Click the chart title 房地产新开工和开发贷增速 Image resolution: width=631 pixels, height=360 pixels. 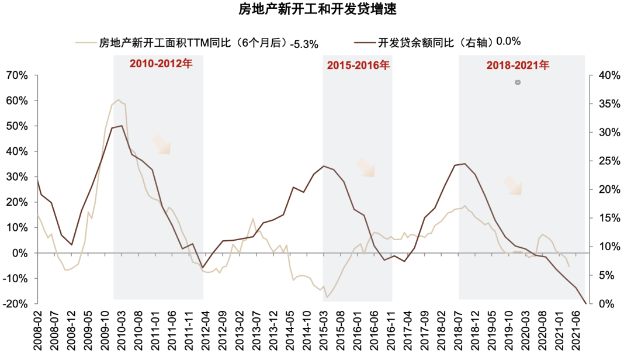coord(317,8)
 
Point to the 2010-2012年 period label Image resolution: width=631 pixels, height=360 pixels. coord(161,64)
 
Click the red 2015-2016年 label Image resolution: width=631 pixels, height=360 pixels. coord(358,65)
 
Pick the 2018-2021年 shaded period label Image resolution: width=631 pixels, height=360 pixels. coord(518,65)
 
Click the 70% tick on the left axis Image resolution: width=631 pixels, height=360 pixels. coord(17,75)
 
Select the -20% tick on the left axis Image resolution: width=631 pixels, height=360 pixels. coord(15,304)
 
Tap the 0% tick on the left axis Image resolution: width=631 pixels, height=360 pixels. coord(20,253)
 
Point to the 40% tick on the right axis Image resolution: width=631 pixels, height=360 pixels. coord(609,75)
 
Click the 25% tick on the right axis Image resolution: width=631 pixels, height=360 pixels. coord(609,161)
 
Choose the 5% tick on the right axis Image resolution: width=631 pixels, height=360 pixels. coord(606,275)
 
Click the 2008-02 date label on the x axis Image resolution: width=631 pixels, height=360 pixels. coord(37,331)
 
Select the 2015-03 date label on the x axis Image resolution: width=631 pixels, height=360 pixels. coord(324,331)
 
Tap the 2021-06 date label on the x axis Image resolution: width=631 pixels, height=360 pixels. coord(576,331)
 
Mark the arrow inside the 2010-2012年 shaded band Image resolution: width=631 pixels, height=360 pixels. coord(161,145)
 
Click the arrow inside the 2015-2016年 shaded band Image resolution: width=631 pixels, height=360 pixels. coord(365,167)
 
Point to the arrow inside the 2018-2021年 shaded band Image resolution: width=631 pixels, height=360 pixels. coord(513,185)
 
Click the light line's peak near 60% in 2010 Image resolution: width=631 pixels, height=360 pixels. coord(118,100)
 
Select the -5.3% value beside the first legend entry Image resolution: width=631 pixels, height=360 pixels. coord(304,44)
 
